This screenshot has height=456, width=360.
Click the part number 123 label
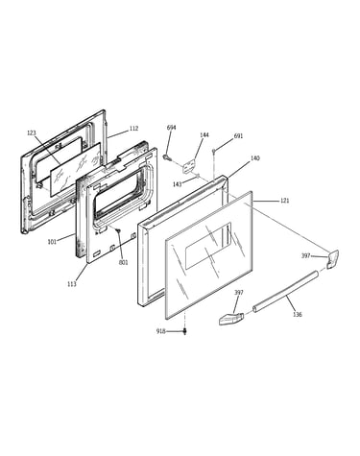click(32, 133)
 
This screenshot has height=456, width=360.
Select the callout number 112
click(133, 129)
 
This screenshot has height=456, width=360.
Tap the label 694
click(171, 128)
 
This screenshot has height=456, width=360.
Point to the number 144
click(204, 134)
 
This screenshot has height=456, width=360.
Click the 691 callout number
click(238, 136)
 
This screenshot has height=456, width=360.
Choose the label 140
click(255, 158)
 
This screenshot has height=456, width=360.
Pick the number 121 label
click(284, 201)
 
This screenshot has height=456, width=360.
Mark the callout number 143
click(178, 184)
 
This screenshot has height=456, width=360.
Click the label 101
click(52, 242)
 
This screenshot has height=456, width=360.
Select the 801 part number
click(123, 263)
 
